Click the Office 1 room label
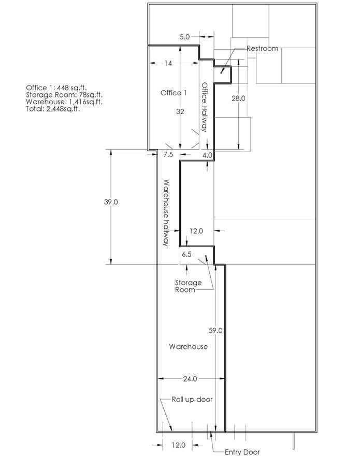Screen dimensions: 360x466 click(x=174, y=93)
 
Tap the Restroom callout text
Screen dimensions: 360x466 click(x=263, y=48)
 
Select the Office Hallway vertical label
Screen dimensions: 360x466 click(x=205, y=107)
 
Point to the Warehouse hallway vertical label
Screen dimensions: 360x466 click(x=166, y=213)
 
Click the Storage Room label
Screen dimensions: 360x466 click(x=188, y=286)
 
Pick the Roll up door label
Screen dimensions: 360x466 click(x=192, y=399)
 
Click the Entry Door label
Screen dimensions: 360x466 click(x=242, y=453)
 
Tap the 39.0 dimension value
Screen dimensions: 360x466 click(x=111, y=202)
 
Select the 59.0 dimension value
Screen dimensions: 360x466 click(x=215, y=331)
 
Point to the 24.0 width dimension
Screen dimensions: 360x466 click(x=190, y=379)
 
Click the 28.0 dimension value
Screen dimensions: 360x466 click(x=238, y=98)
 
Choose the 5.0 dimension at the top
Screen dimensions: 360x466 click(x=184, y=37)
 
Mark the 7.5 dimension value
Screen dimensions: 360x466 click(x=168, y=154)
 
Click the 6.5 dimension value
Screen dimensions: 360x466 click(x=187, y=254)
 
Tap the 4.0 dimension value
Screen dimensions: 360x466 click(x=207, y=155)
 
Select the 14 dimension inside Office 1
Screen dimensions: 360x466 click(x=168, y=63)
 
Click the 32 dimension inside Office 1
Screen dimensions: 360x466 click(x=180, y=111)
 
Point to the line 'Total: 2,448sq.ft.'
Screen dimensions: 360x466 click(x=53, y=109)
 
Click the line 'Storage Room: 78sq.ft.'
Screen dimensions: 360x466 click(x=64, y=95)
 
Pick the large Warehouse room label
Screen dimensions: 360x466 click(x=189, y=347)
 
